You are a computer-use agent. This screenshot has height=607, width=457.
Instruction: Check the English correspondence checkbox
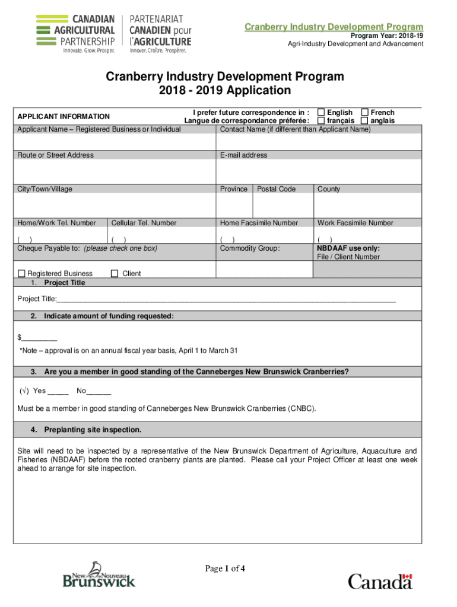(x=321, y=113)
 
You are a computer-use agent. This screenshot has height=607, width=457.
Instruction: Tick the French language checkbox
(x=365, y=113)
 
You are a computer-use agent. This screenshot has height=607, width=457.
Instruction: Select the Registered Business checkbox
(x=21, y=274)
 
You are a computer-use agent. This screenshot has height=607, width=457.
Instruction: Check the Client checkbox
(x=115, y=274)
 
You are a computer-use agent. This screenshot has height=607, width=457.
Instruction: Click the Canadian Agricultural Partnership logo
(x=115, y=34)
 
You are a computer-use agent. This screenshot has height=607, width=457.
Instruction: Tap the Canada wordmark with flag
(x=380, y=580)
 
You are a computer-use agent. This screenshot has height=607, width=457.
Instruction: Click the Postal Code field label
(x=276, y=189)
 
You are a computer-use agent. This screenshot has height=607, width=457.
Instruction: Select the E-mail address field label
(x=243, y=155)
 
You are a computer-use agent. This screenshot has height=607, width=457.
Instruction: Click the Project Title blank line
(x=226, y=299)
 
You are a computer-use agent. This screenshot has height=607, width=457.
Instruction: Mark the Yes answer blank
(x=58, y=392)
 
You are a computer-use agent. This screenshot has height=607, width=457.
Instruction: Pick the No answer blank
(x=99, y=392)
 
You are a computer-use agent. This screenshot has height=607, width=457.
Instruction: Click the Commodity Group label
(x=249, y=248)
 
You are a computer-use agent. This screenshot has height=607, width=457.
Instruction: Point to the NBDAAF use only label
(x=348, y=248)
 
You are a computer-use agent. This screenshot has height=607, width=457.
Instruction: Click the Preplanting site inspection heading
(x=93, y=429)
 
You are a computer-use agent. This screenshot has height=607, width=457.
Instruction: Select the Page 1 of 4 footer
(x=225, y=569)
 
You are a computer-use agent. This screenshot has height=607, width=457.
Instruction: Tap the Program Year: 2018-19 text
(x=386, y=36)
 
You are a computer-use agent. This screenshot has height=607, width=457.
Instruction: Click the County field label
(x=329, y=189)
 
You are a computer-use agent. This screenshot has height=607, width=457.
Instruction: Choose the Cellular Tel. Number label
(x=144, y=223)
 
